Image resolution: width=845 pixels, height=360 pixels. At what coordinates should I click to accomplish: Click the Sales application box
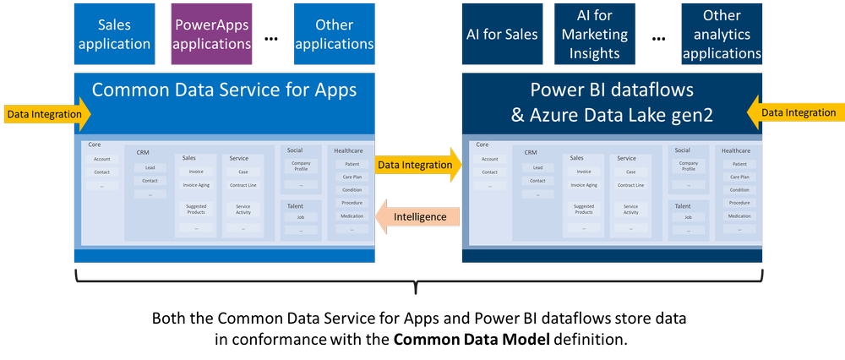[x=114, y=35]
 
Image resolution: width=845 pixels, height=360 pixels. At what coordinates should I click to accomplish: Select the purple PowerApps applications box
[x=211, y=35]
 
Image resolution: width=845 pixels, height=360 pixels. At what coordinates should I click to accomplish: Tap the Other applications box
[x=334, y=35]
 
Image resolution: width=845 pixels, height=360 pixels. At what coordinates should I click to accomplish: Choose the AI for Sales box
[x=502, y=35]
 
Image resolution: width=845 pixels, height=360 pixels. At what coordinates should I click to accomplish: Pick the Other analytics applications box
[x=722, y=35]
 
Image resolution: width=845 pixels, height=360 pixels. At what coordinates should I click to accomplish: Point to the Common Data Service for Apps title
[x=224, y=90]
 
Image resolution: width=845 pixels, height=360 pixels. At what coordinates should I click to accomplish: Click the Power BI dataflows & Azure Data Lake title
[x=612, y=101]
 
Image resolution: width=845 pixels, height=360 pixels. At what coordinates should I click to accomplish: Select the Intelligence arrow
[x=417, y=217]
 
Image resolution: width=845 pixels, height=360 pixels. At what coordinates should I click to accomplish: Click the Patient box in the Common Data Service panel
[x=352, y=164]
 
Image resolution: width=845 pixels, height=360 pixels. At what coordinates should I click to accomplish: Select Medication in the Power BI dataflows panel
[x=739, y=216]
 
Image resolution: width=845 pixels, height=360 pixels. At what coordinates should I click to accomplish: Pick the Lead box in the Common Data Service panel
[x=150, y=167]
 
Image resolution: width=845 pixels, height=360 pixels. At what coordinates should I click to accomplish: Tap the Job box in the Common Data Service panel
[x=301, y=217]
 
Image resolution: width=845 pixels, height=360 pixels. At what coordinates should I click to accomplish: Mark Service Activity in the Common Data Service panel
[x=243, y=210]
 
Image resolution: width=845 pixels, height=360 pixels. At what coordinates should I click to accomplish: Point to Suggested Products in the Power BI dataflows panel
[x=583, y=210]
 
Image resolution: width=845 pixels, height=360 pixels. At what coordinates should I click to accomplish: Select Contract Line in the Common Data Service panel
[x=243, y=184]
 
